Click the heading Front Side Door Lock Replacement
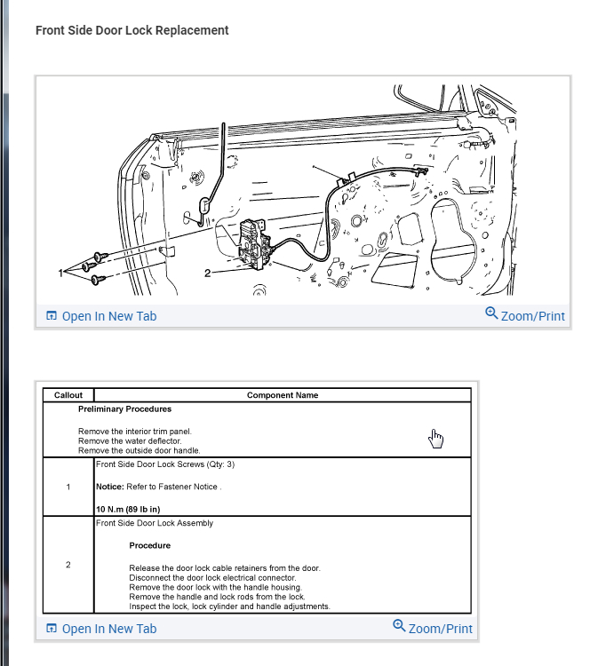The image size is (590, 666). point(132,30)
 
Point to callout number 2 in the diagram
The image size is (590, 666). point(208,272)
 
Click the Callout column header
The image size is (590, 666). point(68,395)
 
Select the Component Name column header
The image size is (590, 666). point(283,395)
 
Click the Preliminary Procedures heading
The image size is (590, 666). point(124,409)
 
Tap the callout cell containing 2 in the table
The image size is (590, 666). point(68,565)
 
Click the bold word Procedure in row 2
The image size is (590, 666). point(149,545)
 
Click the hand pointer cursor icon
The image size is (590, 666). point(435,438)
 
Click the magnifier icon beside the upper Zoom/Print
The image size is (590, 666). point(491,313)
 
